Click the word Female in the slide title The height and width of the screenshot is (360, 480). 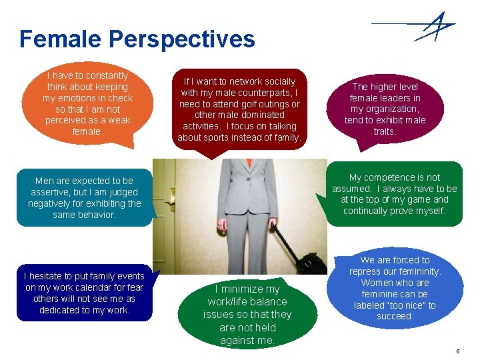pos(61,39)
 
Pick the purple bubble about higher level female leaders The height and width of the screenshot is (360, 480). pos(385,109)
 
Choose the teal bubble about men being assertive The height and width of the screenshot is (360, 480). pos(85,198)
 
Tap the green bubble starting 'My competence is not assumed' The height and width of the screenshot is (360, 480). pos(395,194)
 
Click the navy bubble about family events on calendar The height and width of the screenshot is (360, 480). pos(84,293)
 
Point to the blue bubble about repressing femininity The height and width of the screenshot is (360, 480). pos(395,288)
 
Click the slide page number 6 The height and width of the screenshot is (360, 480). pos(457,351)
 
